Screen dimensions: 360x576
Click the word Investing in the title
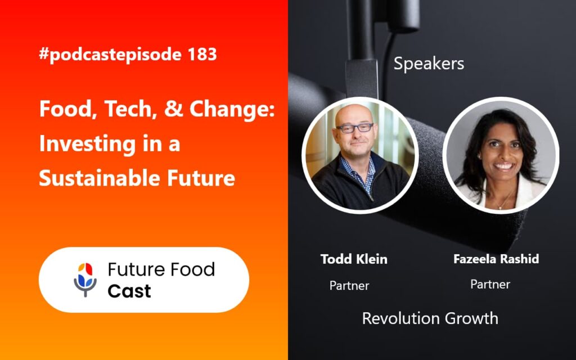tap(83, 144)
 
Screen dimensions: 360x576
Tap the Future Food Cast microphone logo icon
tap(85, 278)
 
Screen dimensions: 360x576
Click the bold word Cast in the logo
tap(129, 291)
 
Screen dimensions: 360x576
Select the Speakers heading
tap(429, 64)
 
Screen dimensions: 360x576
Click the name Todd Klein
tap(354, 259)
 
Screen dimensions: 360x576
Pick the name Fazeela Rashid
tap(496, 259)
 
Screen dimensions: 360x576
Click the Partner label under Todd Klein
tap(349, 286)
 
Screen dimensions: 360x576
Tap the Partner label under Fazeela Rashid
tap(490, 285)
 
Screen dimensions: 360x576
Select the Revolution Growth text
tap(430, 318)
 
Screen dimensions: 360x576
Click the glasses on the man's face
tap(355, 128)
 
